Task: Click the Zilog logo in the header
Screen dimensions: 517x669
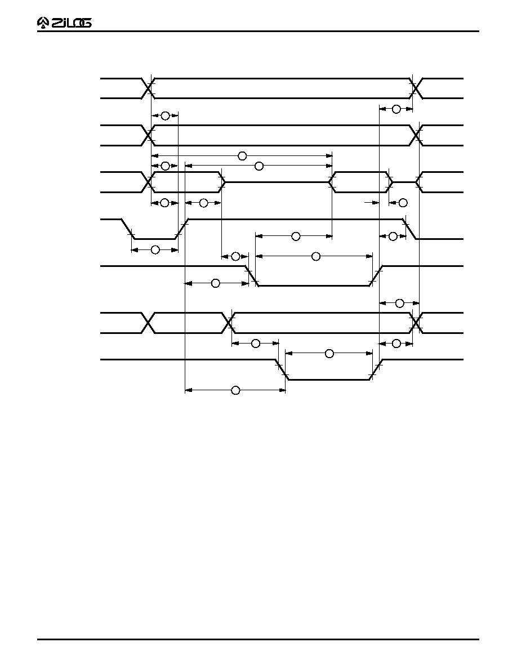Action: click(64, 23)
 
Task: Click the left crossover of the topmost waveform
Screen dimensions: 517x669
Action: click(148, 88)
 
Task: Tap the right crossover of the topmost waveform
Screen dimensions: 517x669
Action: click(416, 88)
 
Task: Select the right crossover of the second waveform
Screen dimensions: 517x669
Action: click(416, 136)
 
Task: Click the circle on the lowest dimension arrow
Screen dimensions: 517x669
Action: click(235, 390)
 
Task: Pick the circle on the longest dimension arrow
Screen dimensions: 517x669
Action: click(242, 156)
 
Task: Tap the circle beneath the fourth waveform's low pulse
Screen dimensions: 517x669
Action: click(155, 249)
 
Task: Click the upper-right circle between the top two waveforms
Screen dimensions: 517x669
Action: click(396, 109)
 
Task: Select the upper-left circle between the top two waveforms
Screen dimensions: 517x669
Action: click(165, 115)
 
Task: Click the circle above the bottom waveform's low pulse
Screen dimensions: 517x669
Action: click(329, 353)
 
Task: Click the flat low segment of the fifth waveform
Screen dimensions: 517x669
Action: click(314, 286)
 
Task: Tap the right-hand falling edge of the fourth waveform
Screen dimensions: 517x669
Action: click(410, 229)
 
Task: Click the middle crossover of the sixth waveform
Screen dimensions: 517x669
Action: click(229, 323)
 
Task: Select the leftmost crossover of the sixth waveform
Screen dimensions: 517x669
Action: click(148, 323)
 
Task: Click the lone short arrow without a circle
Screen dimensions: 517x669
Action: click(372, 203)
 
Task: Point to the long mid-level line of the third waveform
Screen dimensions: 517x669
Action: click(277, 182)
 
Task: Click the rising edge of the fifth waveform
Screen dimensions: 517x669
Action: click(376, 276)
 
